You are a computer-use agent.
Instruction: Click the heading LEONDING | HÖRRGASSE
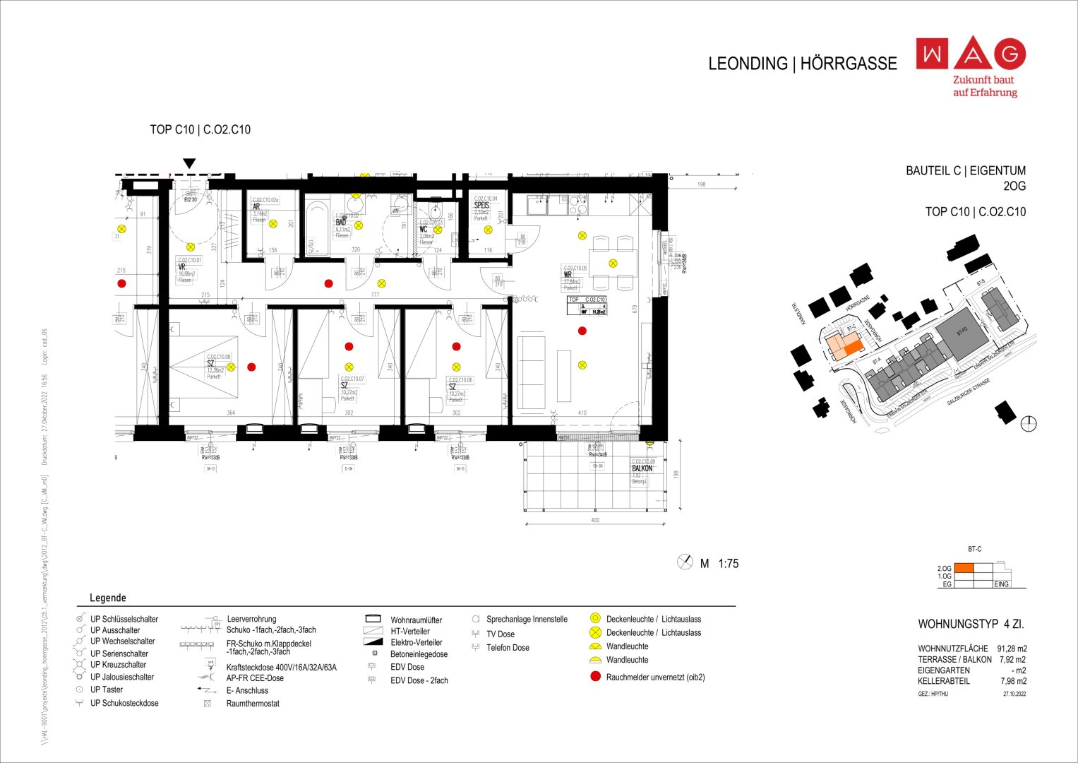802,64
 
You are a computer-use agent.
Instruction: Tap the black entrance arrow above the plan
189,164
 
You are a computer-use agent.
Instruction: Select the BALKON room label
642,468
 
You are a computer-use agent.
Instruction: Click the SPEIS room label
481,206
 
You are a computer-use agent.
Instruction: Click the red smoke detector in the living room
582,331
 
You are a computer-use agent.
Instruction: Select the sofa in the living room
532,372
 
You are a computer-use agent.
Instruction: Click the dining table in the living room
613,263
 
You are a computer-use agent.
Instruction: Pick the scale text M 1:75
719,564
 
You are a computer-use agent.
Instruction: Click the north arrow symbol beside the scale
685,562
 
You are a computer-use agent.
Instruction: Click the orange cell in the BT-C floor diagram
964,568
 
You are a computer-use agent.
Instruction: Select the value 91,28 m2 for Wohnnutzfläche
1012,649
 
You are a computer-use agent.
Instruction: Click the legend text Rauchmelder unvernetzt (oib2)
655,677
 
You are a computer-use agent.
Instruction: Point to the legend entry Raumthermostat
253,704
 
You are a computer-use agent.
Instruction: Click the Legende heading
108,598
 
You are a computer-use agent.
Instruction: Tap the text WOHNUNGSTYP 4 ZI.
971,625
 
